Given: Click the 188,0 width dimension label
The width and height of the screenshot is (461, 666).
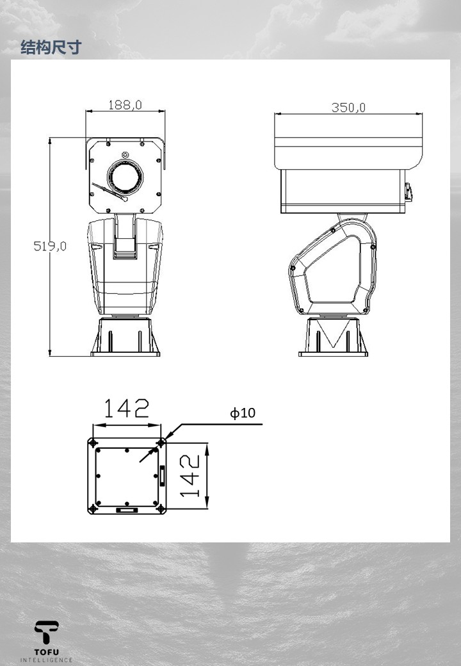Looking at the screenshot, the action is coord(125,104).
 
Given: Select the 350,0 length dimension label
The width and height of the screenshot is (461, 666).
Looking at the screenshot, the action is coord(348,108).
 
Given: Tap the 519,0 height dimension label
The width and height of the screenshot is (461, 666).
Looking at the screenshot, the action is coord(50,246).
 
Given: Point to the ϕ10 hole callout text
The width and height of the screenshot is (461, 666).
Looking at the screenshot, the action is coord(243,412).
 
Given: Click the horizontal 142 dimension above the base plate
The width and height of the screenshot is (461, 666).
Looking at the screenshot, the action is coord(127,408).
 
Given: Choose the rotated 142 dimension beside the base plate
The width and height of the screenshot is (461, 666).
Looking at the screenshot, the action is coord(190,476).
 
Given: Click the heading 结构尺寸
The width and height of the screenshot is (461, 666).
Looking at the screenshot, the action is coord(51,47).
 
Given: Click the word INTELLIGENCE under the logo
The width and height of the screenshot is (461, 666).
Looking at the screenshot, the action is coord(46,660).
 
